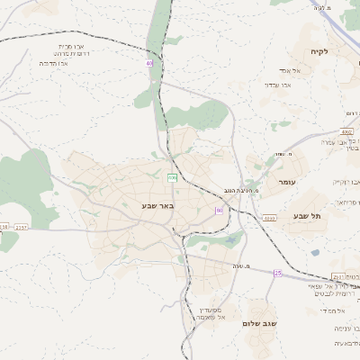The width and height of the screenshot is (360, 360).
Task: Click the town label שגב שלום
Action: (260, 322)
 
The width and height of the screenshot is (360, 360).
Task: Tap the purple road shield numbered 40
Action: (149, 63)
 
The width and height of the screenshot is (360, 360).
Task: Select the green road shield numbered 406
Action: (171, 178)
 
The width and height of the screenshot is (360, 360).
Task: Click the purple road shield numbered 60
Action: (219, 210)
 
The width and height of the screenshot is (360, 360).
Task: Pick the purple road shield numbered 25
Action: (278, 272)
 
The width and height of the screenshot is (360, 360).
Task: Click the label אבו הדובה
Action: (56, 64)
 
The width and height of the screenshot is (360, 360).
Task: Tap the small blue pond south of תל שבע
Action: (236, 239)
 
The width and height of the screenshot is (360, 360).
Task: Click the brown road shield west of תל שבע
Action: (269, 218)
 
